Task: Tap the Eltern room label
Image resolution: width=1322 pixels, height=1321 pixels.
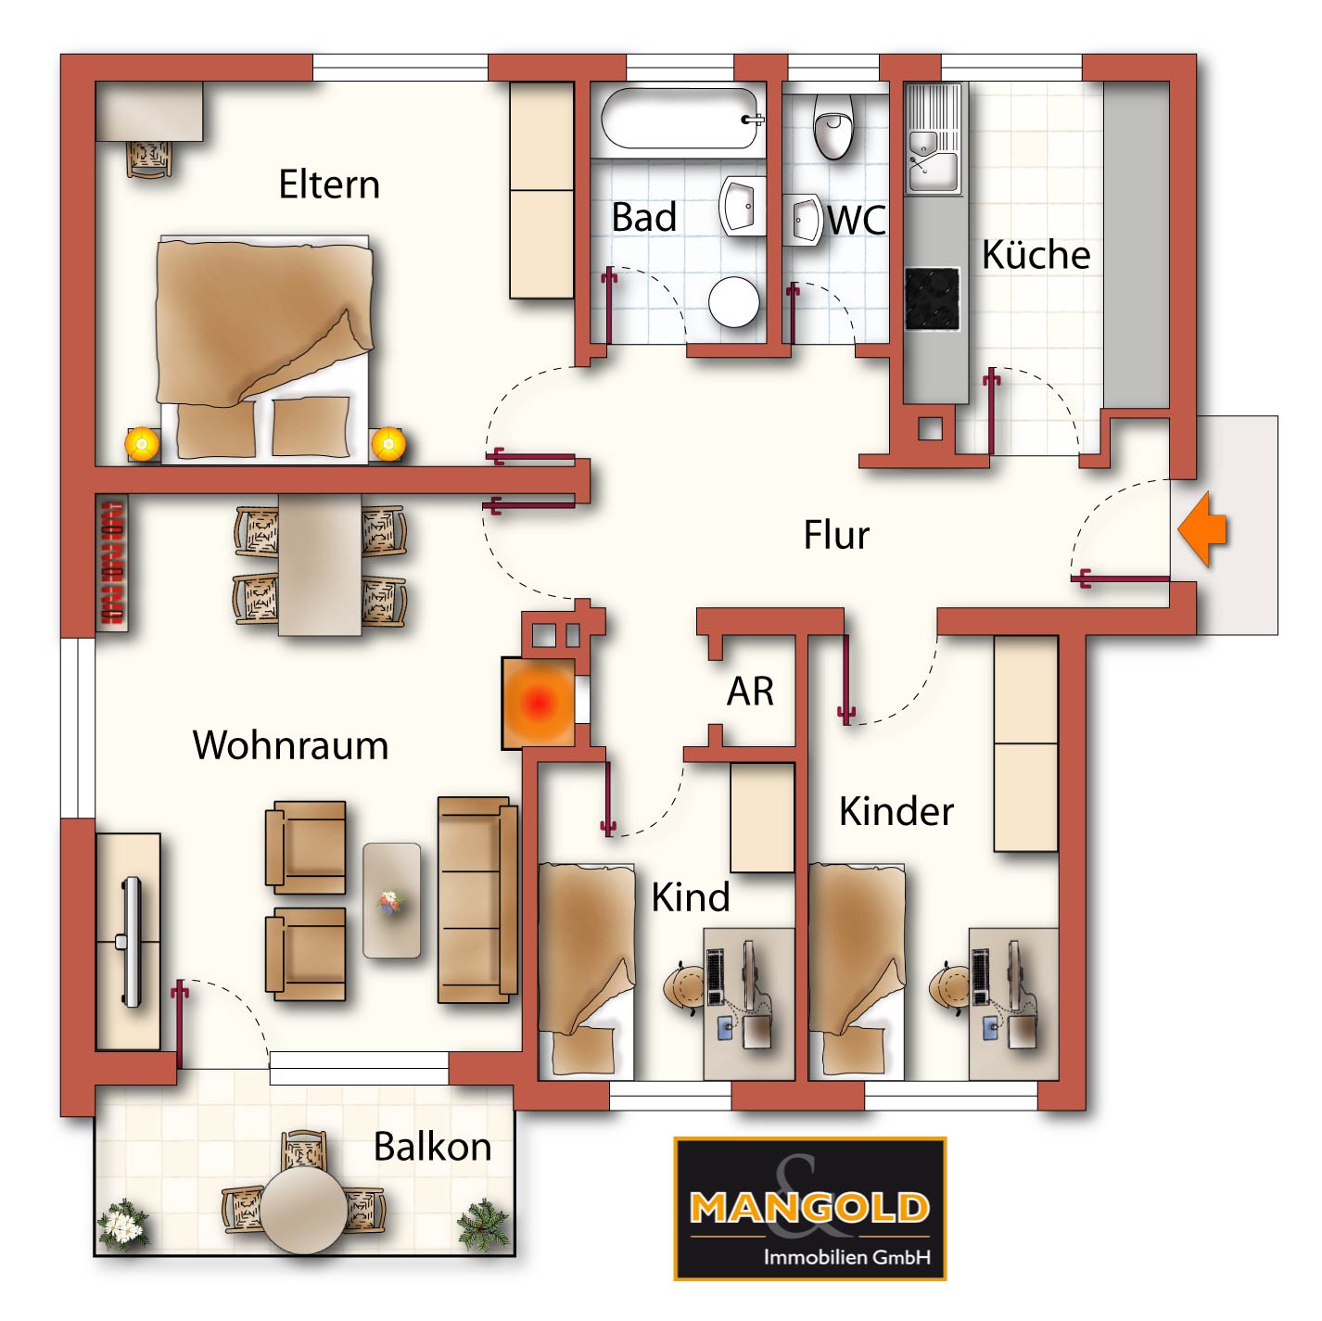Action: pyautogui.click(x=329, y=184)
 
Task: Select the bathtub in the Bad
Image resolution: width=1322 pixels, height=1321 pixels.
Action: pyautogui.click(x=680, y=119)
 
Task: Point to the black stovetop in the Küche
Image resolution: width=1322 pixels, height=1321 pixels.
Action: pyautogui.click(x=932, y=298)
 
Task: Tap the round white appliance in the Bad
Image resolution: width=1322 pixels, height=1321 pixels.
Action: pyautogui.click(x=733, y=302)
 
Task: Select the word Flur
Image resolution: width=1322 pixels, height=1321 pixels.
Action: pyautogui.click(x=836, y=535)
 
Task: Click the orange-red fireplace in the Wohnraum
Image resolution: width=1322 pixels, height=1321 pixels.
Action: pyautogui.click(x=539, y=702)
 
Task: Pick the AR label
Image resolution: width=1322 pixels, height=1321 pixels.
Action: pyautogui.click(x=751, y=691)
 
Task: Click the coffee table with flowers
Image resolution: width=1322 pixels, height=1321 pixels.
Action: pyautogui.click(x=391, y=899)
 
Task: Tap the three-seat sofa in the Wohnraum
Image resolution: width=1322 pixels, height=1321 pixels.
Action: pyautogui.click(x=477, y=899)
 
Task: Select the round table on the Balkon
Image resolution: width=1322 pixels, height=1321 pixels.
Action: pyautogui.click(x=305, y=1211)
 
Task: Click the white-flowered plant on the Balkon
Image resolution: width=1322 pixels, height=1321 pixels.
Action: pyautogui.click(x=123, y=1224)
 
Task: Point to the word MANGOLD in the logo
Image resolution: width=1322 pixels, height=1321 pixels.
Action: pyautogui.click(x=809, y=1207)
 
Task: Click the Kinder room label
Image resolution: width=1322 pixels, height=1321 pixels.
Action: pyautogui.click(x=896, y=812)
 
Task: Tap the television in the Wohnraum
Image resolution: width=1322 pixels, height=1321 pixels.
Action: pyautogui.click(x=131, y=942)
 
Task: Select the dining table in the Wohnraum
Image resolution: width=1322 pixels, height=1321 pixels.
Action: pyautogui.click(x=320, y=565)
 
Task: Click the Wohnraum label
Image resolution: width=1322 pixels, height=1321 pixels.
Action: pyautogui.click(x=290, y=745)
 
